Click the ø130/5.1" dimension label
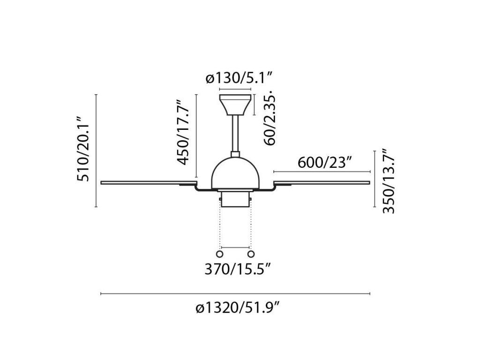(239, 78)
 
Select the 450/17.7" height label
(184, 132)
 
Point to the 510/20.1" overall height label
(83, 149)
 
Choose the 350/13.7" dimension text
(389, 181)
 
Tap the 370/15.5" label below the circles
(238, 270)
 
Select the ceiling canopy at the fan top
(235, 105)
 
